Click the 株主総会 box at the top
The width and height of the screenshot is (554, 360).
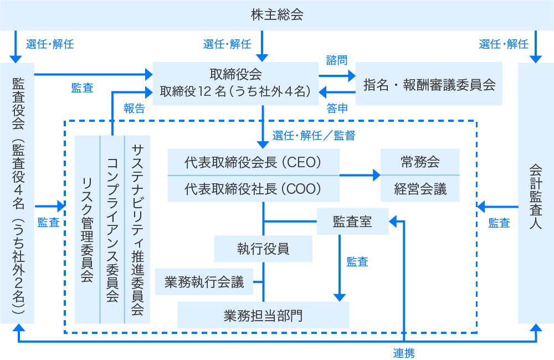click(x=276, y=15)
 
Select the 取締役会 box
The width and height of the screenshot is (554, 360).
click(x=235, y=83)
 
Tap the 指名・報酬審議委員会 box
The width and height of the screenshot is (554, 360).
click(x=428, y=84)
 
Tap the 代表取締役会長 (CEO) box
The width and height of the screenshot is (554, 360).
click(x=253, y=162)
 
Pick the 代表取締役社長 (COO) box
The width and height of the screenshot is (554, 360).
click(x=253, y=189)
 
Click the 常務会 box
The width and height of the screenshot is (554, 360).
click(x=420, y=162)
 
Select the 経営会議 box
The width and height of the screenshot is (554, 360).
click(x=420, y=189)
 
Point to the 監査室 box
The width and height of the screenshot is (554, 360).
click(x=352, y=222)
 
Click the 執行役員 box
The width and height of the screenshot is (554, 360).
click(x=263, y=248)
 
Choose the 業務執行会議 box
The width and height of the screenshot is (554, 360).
click(x=204, y=282)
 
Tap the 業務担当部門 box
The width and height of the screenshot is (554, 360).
click(x=263, y=315)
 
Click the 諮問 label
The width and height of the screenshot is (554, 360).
click(x=336, y=59)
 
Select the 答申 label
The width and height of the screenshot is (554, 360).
click(x=337, y=108)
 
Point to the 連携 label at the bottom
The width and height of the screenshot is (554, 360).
click(x=404, y=352)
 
